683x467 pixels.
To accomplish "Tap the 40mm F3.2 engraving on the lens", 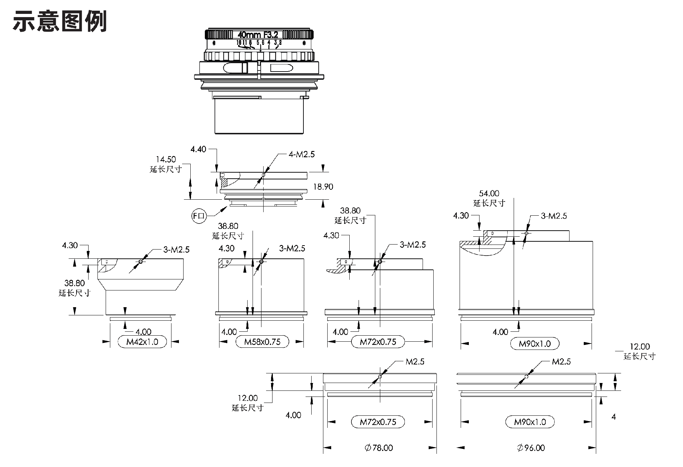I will point(258,35).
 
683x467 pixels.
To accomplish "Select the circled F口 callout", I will point(199,216).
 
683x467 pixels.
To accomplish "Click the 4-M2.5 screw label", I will point(301,154).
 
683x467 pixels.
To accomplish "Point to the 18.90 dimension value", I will point(323,187).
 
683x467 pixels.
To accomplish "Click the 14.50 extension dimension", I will point(166,159).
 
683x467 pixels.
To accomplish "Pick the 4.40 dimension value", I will point(198,149).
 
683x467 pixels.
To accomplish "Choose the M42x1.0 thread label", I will point(142,342).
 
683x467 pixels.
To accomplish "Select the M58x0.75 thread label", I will point(262,342).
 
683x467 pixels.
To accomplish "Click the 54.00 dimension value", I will point(489,194).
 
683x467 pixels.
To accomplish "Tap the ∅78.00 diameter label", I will point(379,448).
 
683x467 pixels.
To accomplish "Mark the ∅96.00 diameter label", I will point(531,448).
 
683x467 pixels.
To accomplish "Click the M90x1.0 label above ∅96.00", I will point(530,422).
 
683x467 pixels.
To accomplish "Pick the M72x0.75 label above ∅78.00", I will point(378,422).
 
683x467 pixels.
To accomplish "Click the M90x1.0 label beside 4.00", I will point(535,344).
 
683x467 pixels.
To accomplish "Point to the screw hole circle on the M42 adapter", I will point(141,262).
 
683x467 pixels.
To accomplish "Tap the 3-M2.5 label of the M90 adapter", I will point(554,216).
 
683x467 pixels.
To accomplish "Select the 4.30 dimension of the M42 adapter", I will point(70,245).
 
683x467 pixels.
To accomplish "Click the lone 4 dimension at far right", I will point(614,416).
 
